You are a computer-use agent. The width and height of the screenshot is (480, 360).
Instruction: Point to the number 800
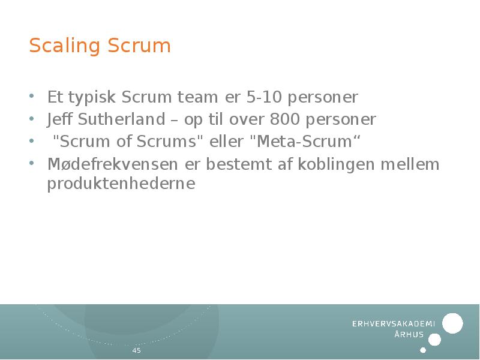[x=285, y=119]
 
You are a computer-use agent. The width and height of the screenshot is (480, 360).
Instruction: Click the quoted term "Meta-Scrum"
[x=304, y=142]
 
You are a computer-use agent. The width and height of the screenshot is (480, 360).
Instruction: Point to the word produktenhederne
[x=121, y=184]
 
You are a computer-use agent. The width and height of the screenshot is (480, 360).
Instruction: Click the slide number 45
[x=136, y=350]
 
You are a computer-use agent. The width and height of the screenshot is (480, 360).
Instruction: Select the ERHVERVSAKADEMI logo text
[x=393, y=324]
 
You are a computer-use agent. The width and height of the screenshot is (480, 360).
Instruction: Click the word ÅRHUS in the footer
[x=409, y=335]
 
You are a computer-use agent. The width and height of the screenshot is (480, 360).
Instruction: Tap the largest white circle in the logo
[x=452, y=323]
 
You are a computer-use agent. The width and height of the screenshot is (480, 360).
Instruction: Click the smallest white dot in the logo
[x=423, y=350]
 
